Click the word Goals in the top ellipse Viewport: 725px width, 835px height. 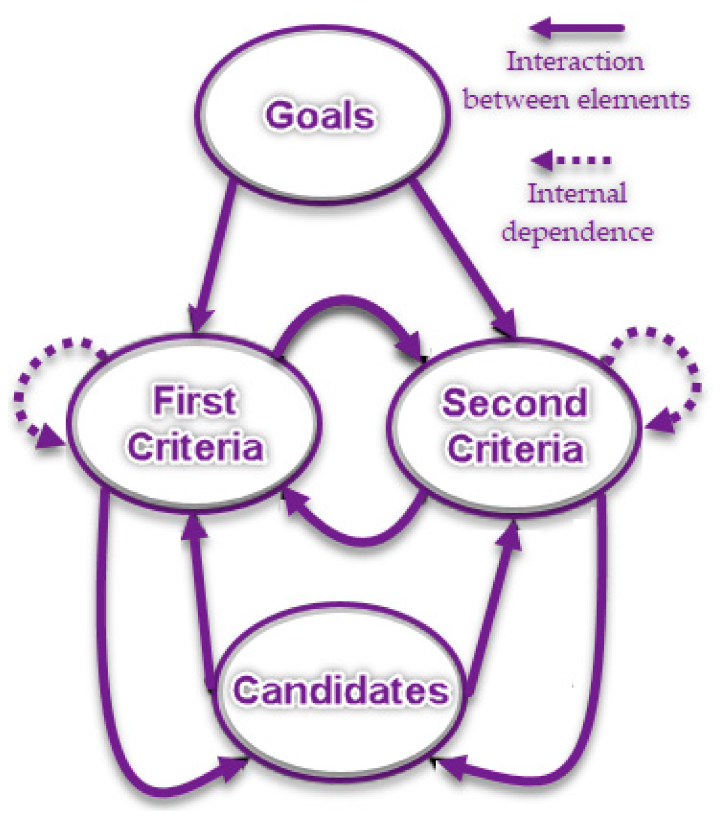[320, 115]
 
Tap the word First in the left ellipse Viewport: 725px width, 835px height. [194, 400]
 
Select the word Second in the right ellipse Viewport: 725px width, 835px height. [514, 403]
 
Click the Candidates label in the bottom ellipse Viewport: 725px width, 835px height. [341, 690]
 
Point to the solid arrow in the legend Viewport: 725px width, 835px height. [578, 27]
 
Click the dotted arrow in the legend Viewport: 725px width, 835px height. [572, 160]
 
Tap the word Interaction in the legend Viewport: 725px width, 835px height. [575, 62]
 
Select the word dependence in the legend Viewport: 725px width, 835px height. [577, 231]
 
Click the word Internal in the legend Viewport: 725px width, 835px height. [576, 193]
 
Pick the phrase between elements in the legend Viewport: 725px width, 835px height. [576, 100]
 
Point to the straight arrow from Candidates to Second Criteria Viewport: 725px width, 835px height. [493, 604]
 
